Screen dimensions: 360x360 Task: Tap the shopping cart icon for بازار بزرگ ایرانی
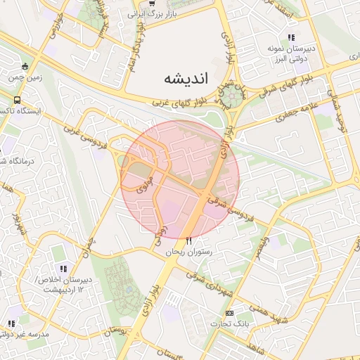152,4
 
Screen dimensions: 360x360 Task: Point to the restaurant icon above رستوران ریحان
189,241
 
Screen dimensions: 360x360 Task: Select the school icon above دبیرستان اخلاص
64,268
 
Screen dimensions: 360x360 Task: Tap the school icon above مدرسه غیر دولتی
11,323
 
